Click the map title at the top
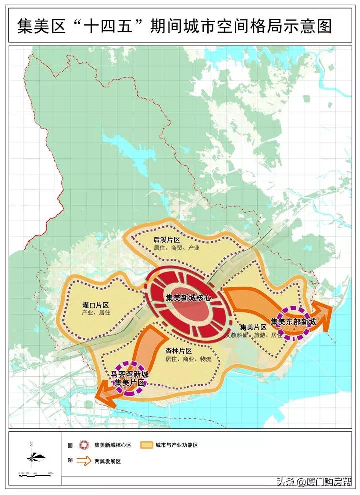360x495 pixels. click(x=175, y=25)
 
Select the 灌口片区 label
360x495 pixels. click(x=96, y=305)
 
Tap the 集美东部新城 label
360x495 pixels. click(x=294, y=321)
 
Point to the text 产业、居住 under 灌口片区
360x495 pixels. click(x=96, y=313)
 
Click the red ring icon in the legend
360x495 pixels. click(x=85, y=444)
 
